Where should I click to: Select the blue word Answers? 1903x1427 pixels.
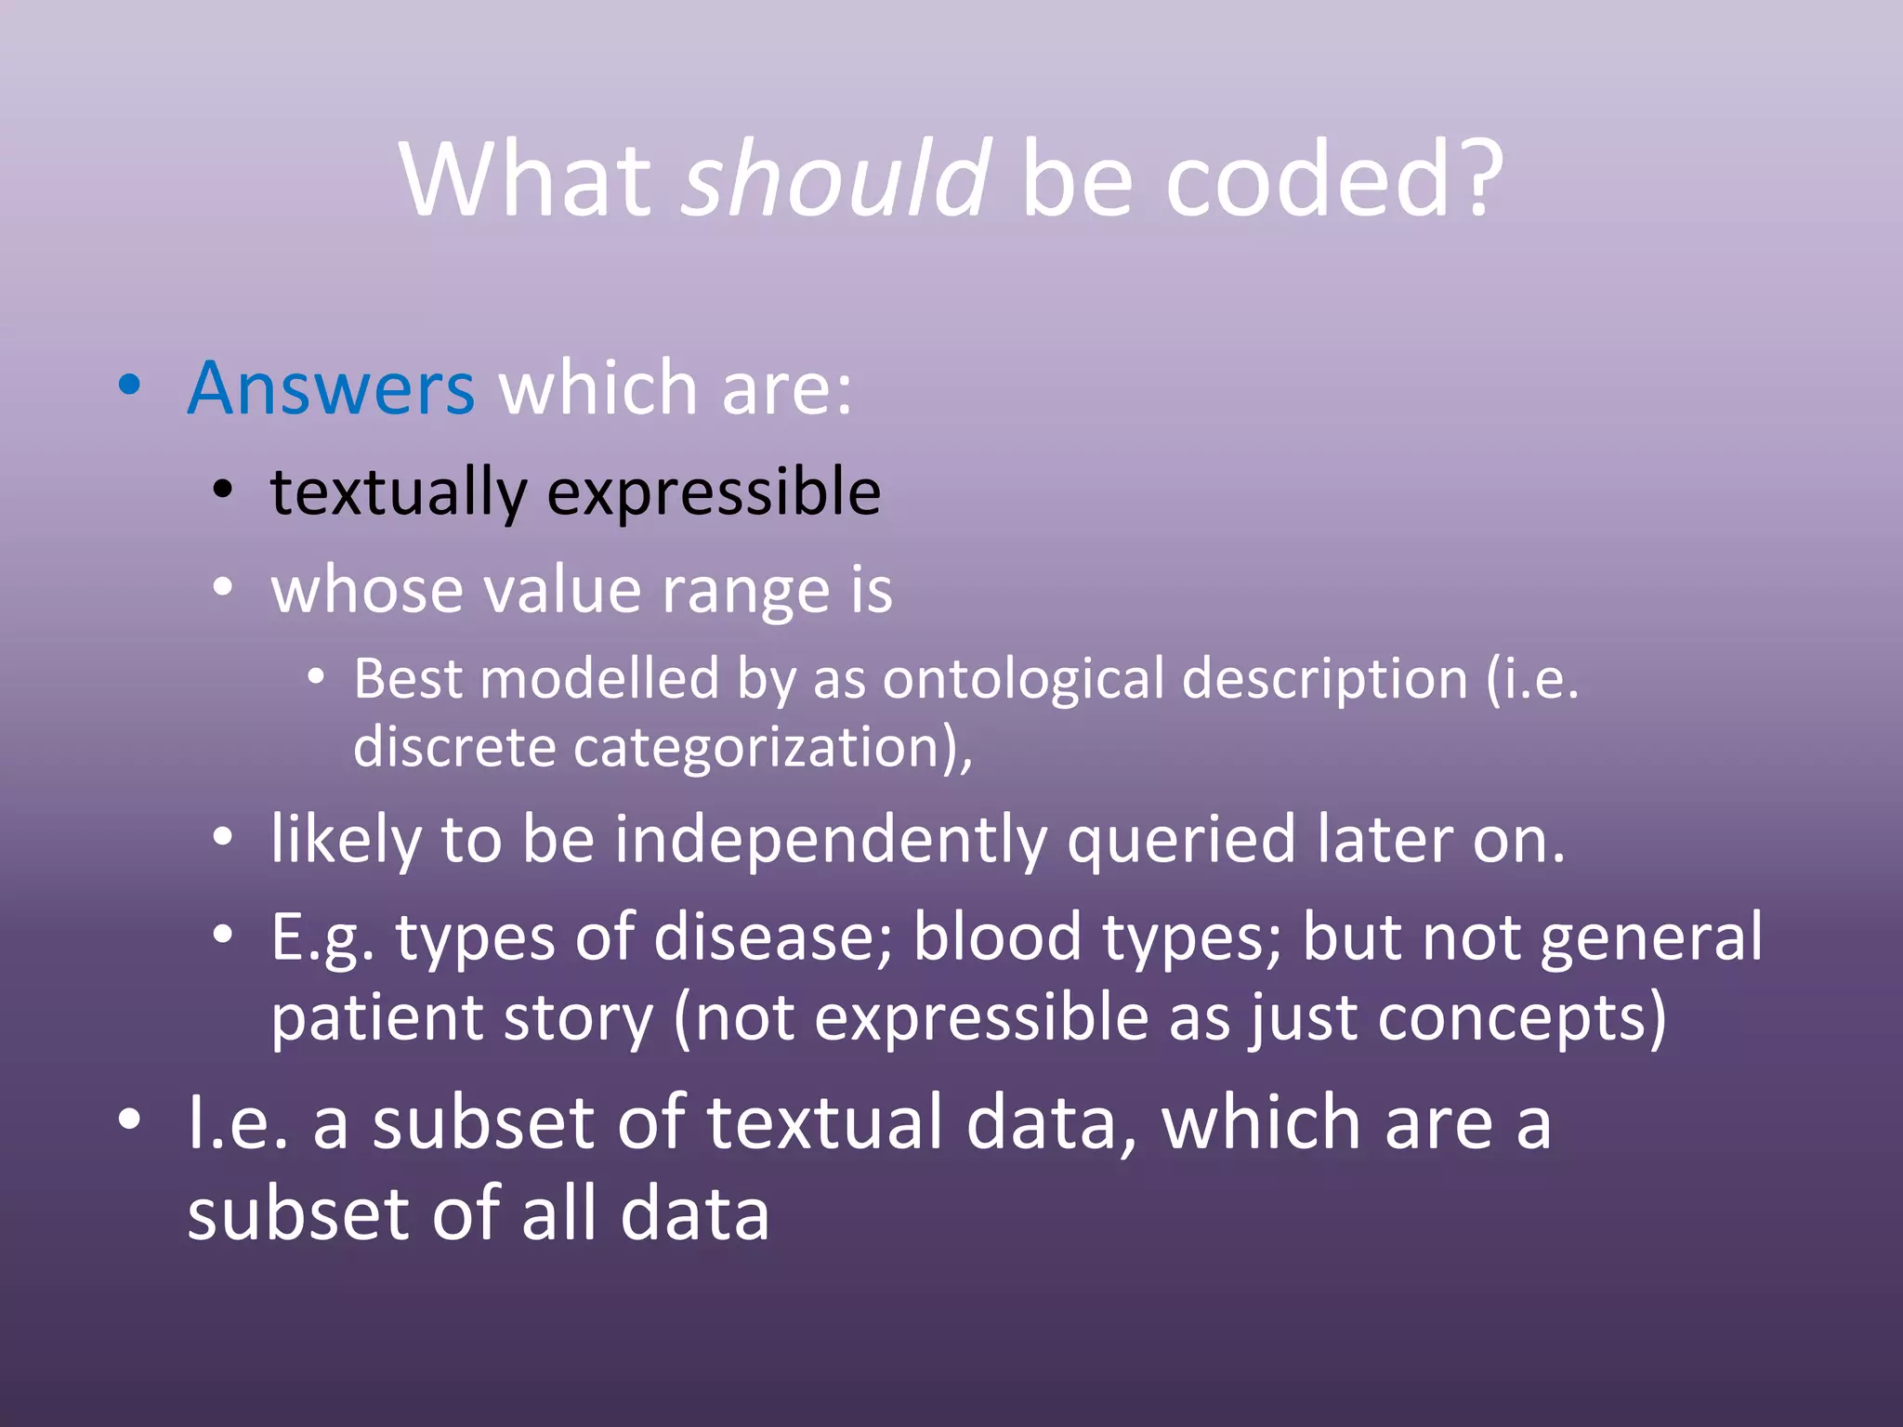point(331,388)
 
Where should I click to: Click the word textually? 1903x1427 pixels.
point(398,492)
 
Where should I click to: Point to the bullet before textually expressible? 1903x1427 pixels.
point(222,490)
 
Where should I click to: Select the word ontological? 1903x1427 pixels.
point(1023,679)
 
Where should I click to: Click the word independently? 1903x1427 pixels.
point(830,840)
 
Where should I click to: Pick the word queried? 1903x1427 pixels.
point(1181,840)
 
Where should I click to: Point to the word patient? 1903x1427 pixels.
point(374,1018)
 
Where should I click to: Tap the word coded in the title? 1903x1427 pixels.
point(1306,178)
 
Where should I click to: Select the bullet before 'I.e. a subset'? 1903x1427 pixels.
point(130,1119)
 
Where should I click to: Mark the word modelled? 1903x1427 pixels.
point(599,679)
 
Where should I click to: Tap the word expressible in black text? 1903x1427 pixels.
point(714,492)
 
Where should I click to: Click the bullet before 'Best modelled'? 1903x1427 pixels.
point(316,677)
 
